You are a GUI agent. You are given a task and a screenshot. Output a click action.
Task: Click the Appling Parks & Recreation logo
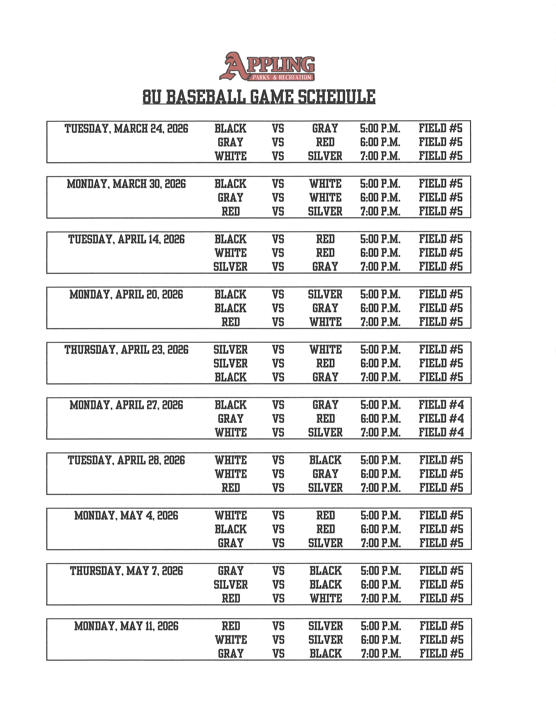(267, 66)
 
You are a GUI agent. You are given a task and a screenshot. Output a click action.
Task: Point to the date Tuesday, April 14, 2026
(126, 239)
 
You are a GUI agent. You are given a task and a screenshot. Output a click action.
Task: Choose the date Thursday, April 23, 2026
(126, 350)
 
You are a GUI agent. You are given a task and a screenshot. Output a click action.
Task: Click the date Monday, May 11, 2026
(126, 626)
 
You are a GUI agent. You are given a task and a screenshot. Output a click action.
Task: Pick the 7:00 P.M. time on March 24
(380, 156)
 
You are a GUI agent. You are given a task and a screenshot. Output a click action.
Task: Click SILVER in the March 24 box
(325, 156)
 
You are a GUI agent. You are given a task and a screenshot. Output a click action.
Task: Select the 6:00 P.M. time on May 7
(381, 585)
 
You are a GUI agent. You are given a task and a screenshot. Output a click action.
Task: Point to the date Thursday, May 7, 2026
(126, 571)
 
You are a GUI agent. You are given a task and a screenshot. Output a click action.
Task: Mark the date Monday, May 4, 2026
(126, 515)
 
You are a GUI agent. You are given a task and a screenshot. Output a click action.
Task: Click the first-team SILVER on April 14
(230, 267)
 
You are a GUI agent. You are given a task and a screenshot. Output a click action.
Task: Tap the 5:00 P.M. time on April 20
(380, 294)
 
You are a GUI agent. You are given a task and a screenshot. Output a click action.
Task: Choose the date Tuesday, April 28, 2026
(126, 460)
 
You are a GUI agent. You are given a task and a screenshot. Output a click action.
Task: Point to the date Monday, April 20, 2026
(126, 294)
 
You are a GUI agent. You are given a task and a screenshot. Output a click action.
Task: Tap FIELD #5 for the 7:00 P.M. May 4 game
(441, 543)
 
